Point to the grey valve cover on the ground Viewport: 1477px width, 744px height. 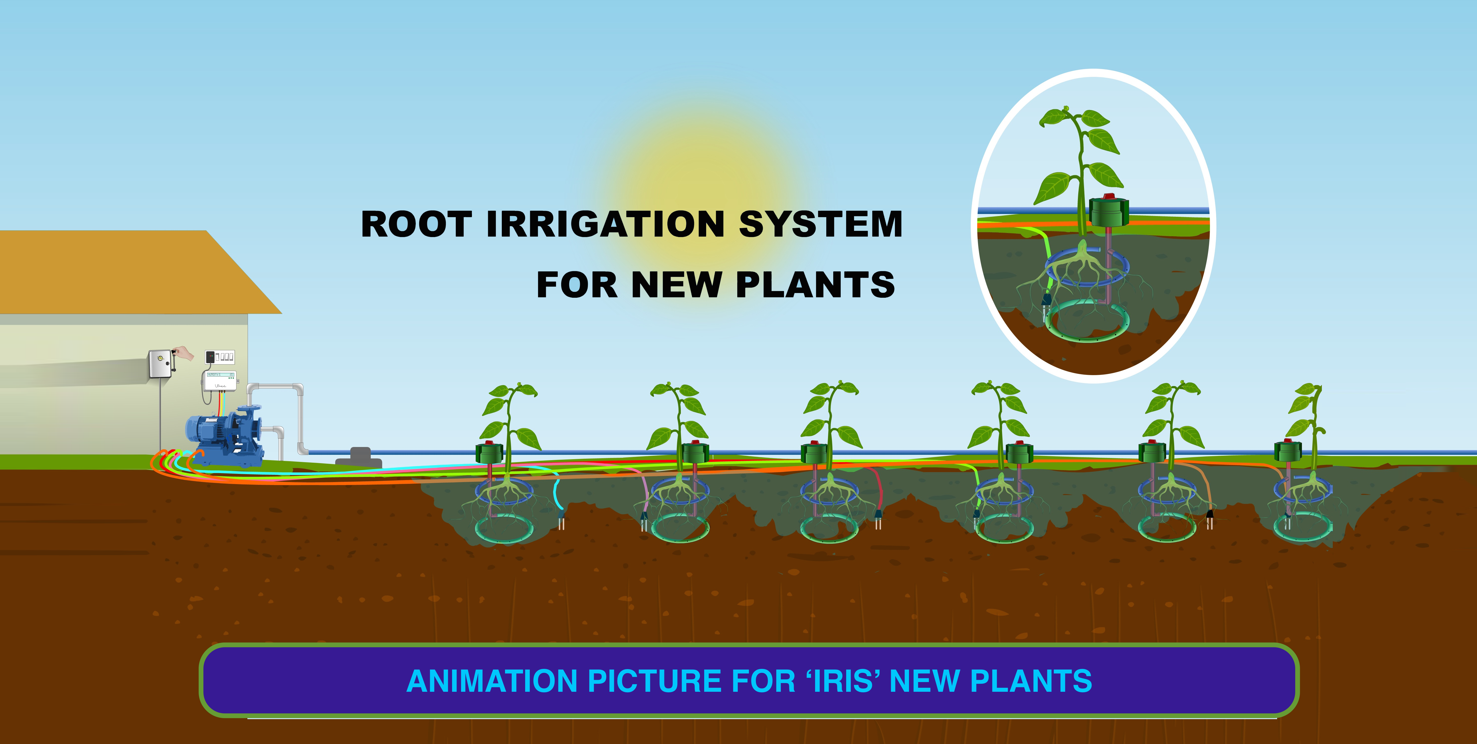[359, 457]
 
